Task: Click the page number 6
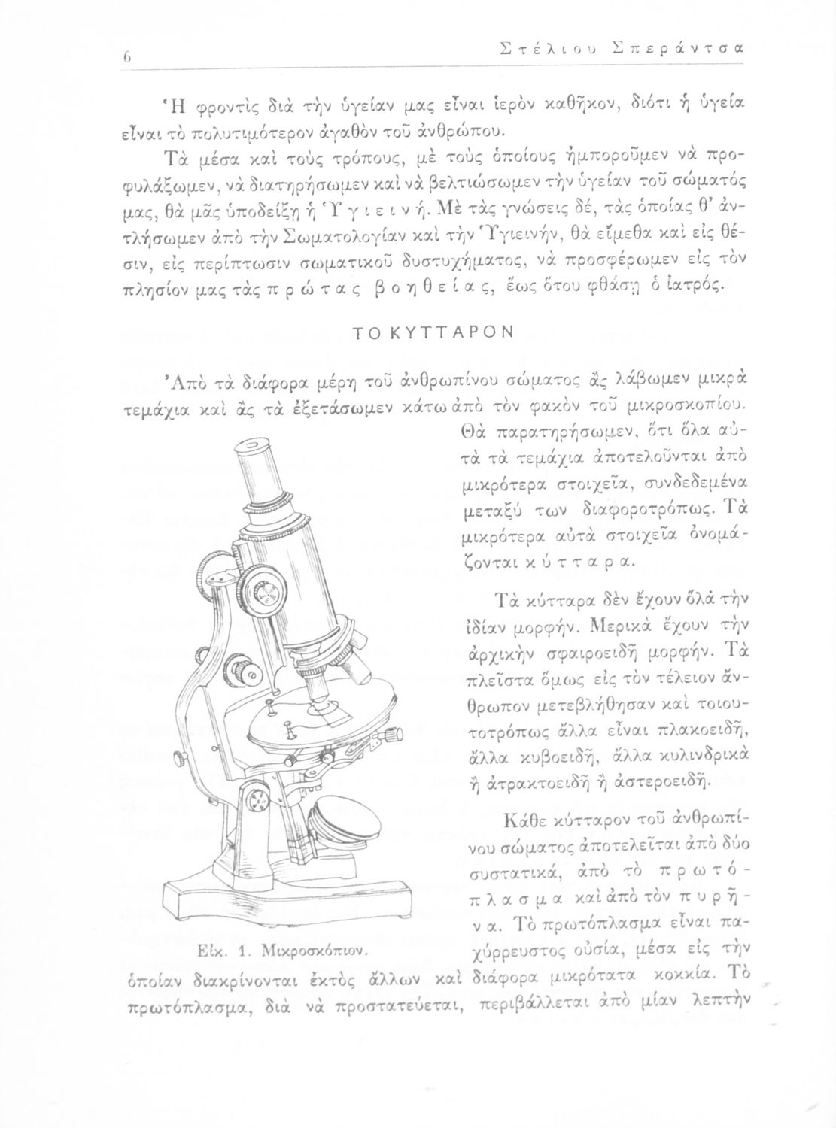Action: (x=129, y=57)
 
